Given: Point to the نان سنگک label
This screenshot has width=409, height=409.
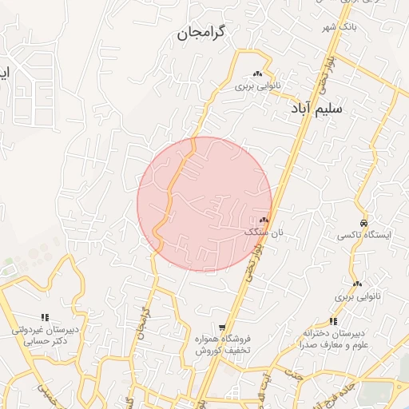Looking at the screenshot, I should tap(264, 232).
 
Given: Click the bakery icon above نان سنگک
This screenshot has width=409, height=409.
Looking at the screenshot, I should tap(264, 220).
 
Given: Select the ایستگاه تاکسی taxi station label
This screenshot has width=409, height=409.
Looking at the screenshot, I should tap(364, 235).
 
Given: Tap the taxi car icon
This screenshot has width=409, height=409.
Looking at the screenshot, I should tap(364, 223).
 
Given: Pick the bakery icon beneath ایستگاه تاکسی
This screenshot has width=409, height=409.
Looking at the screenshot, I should tap(357, 284).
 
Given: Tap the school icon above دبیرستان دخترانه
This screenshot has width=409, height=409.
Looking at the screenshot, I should tap(333, 320).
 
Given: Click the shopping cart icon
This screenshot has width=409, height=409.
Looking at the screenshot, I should tap(222, 328).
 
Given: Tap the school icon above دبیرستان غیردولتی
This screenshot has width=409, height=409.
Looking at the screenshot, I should tap(45, 317).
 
